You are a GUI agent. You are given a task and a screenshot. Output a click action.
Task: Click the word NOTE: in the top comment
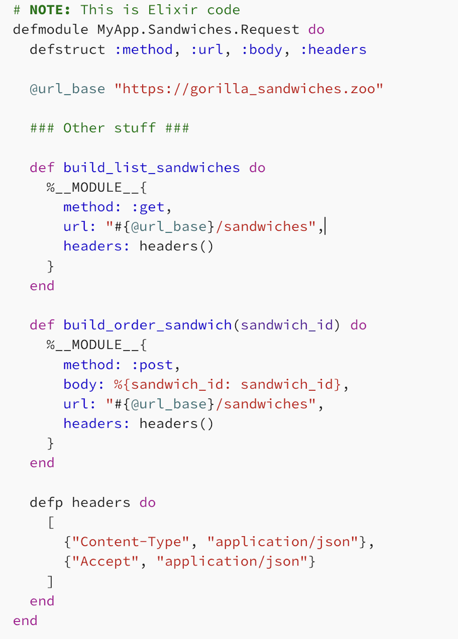pyautogui.click(x=50, y=10)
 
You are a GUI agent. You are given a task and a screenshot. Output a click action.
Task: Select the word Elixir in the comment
pyautogui.click(x=173, y=10)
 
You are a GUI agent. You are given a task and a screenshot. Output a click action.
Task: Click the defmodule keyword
pyautogui.click(x=51, y=30)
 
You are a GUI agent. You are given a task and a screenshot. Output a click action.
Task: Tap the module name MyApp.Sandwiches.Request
pyautogui.click(x=198, y=30)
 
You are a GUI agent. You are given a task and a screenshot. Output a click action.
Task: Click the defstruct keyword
pyautogui.click(x=67, y=49)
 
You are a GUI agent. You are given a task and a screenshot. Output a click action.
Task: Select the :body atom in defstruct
pyautogui.click(x=262, y=49)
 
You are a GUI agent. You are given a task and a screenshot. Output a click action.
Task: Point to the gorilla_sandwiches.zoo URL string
pyautogui.click(x=249, y=89)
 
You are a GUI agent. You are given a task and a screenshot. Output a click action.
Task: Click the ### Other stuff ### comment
pyautogui.click(x=110, y=128)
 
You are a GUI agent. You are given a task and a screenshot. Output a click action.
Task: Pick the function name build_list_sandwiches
pyautogui.click(x=152, y=168)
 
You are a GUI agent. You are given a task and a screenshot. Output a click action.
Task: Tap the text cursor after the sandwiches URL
pyautogui.click(x=325, y=226)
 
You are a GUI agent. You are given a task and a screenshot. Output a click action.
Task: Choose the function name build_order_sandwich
pyautogui.click(x=147, y=325)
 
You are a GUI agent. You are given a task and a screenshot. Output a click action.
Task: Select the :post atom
pyautogui.click(x=152, y=365)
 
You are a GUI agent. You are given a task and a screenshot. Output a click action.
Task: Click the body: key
pyautogui.click(x=84, y=384)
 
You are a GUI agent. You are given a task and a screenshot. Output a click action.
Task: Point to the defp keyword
pyautogui.click(x=46, y=502)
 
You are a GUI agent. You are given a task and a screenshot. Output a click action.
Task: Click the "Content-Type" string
pyautogui.click(x=131, y=542)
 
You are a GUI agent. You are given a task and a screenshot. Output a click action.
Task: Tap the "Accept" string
pyautogui.click(x=105, y=562)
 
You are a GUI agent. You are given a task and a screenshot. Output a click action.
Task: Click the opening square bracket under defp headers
pyautogui.click(x=51, y=522)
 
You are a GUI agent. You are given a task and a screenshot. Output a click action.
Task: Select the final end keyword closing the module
pyautogui.click(x=25, y=621)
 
